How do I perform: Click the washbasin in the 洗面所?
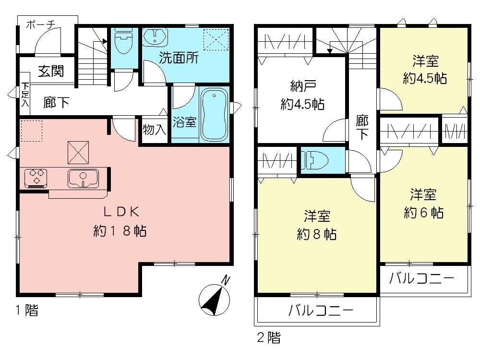(155, 37)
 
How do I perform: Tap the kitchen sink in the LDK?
(83, 178)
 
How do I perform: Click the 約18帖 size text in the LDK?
(120, 231)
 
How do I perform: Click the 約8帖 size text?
(316, 234)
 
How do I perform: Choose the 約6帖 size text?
(423, 213)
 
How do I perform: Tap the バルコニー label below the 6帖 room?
(421, 278)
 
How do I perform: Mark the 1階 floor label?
(25, 311)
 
